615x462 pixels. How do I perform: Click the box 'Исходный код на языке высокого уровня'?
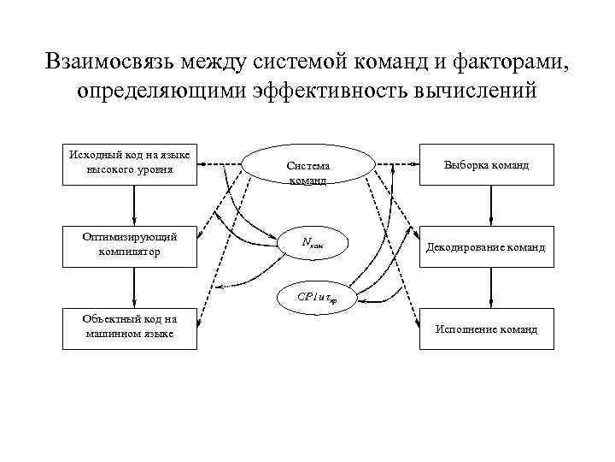[x=131, y=163]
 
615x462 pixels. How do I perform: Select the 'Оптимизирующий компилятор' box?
[x=131, y=245]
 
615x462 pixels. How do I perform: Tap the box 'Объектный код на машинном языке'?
[x=131, y=328]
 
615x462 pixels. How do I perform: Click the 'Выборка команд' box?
[x=486, y=164]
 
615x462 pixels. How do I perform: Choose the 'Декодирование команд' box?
[x=486, y=246]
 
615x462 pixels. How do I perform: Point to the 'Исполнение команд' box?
[x=486, y=329]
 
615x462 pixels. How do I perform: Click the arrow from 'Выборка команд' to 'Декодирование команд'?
[x=490, y=205]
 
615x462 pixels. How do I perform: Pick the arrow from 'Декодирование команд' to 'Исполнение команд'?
[x=490, y=287]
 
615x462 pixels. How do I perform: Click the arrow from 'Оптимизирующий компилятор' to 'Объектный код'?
[x=134, y=287]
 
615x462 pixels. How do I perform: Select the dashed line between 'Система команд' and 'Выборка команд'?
[x=398, y=163]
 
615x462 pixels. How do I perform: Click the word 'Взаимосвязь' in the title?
[x=108, y=62]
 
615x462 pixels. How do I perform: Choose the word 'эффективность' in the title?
[x=334, y=90]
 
